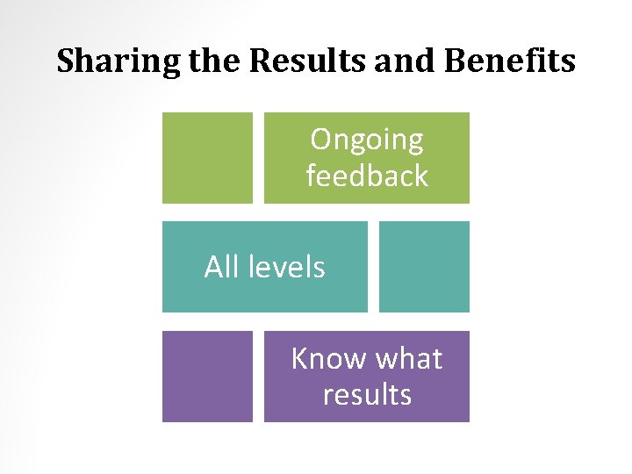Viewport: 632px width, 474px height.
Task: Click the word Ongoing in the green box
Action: click(367, 140)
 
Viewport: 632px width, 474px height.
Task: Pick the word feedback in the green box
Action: click(367, 176)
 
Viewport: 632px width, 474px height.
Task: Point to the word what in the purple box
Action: click(408, 359)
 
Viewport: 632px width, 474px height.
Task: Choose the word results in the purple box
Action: click(367, 395)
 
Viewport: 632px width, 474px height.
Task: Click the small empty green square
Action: click(207, 157)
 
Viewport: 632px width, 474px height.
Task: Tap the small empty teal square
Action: click(424, 266)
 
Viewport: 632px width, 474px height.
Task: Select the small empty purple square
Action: click(207, 376)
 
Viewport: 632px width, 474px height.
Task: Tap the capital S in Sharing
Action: click(65, 61)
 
